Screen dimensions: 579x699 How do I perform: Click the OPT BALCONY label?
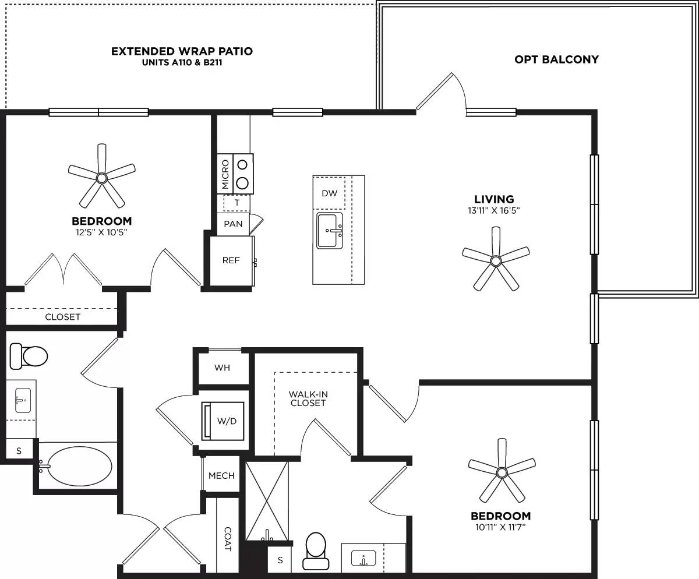pyautogui.click(x=556, y=59)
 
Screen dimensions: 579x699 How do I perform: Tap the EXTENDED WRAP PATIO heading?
pyautogui.click(x=182, y=51)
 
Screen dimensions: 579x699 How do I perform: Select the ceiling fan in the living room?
pyautogui.click(x=495, y=260)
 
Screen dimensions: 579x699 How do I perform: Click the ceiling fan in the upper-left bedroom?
pyautogui.click(x=102, y=176)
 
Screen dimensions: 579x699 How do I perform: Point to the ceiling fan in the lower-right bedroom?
pyautogui.click(x=501, y=471)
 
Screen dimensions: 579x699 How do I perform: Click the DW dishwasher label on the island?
pyautogui.click(x=329, y=193)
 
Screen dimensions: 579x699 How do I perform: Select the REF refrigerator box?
pyautogui.click(x=231, y=260)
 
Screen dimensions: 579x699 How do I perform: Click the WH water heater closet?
pyautogui.click(x=222, y=368)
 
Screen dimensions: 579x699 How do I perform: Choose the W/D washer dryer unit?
pyautogui.click(x=223, y=421)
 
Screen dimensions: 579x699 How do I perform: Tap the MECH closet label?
pyautogui.click(x=221, y=475)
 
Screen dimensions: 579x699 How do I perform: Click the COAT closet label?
pyautogui.click(x=228, y=539)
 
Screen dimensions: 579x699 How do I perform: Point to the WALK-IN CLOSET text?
pyautogui.click(x=308, y=398)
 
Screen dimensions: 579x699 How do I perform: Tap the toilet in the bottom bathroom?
pyautogui.click(x=316, y=550)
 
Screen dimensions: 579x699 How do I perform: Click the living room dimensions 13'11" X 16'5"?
pyautogui.click(x=493, y=211)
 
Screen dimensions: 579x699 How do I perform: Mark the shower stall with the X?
pyautogui.click(x=267, y=501)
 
